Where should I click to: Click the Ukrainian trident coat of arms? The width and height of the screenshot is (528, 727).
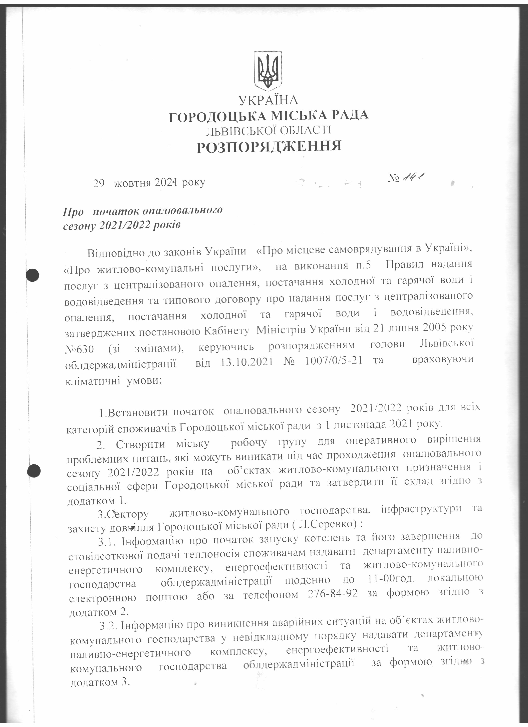tap(268, 70)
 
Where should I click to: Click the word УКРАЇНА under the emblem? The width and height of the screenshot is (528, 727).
tap(268, 100)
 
